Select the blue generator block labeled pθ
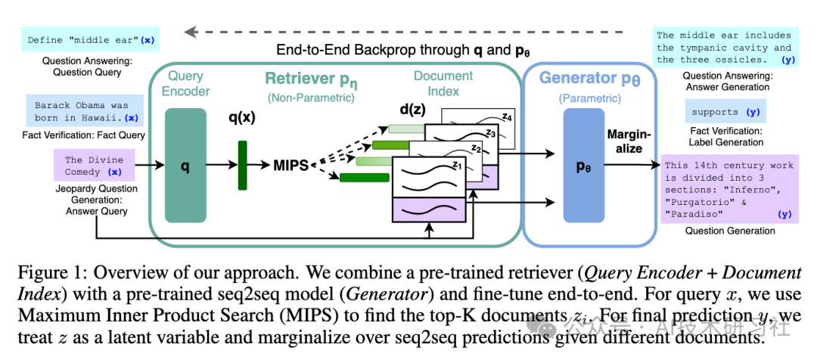pos(583,165)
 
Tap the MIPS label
pos(291,166)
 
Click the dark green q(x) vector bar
pos(243,165)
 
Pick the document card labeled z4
pos(478,128)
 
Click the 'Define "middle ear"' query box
pos(90,39)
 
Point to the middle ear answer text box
pos(726,48)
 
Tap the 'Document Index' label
pos(436,83)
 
